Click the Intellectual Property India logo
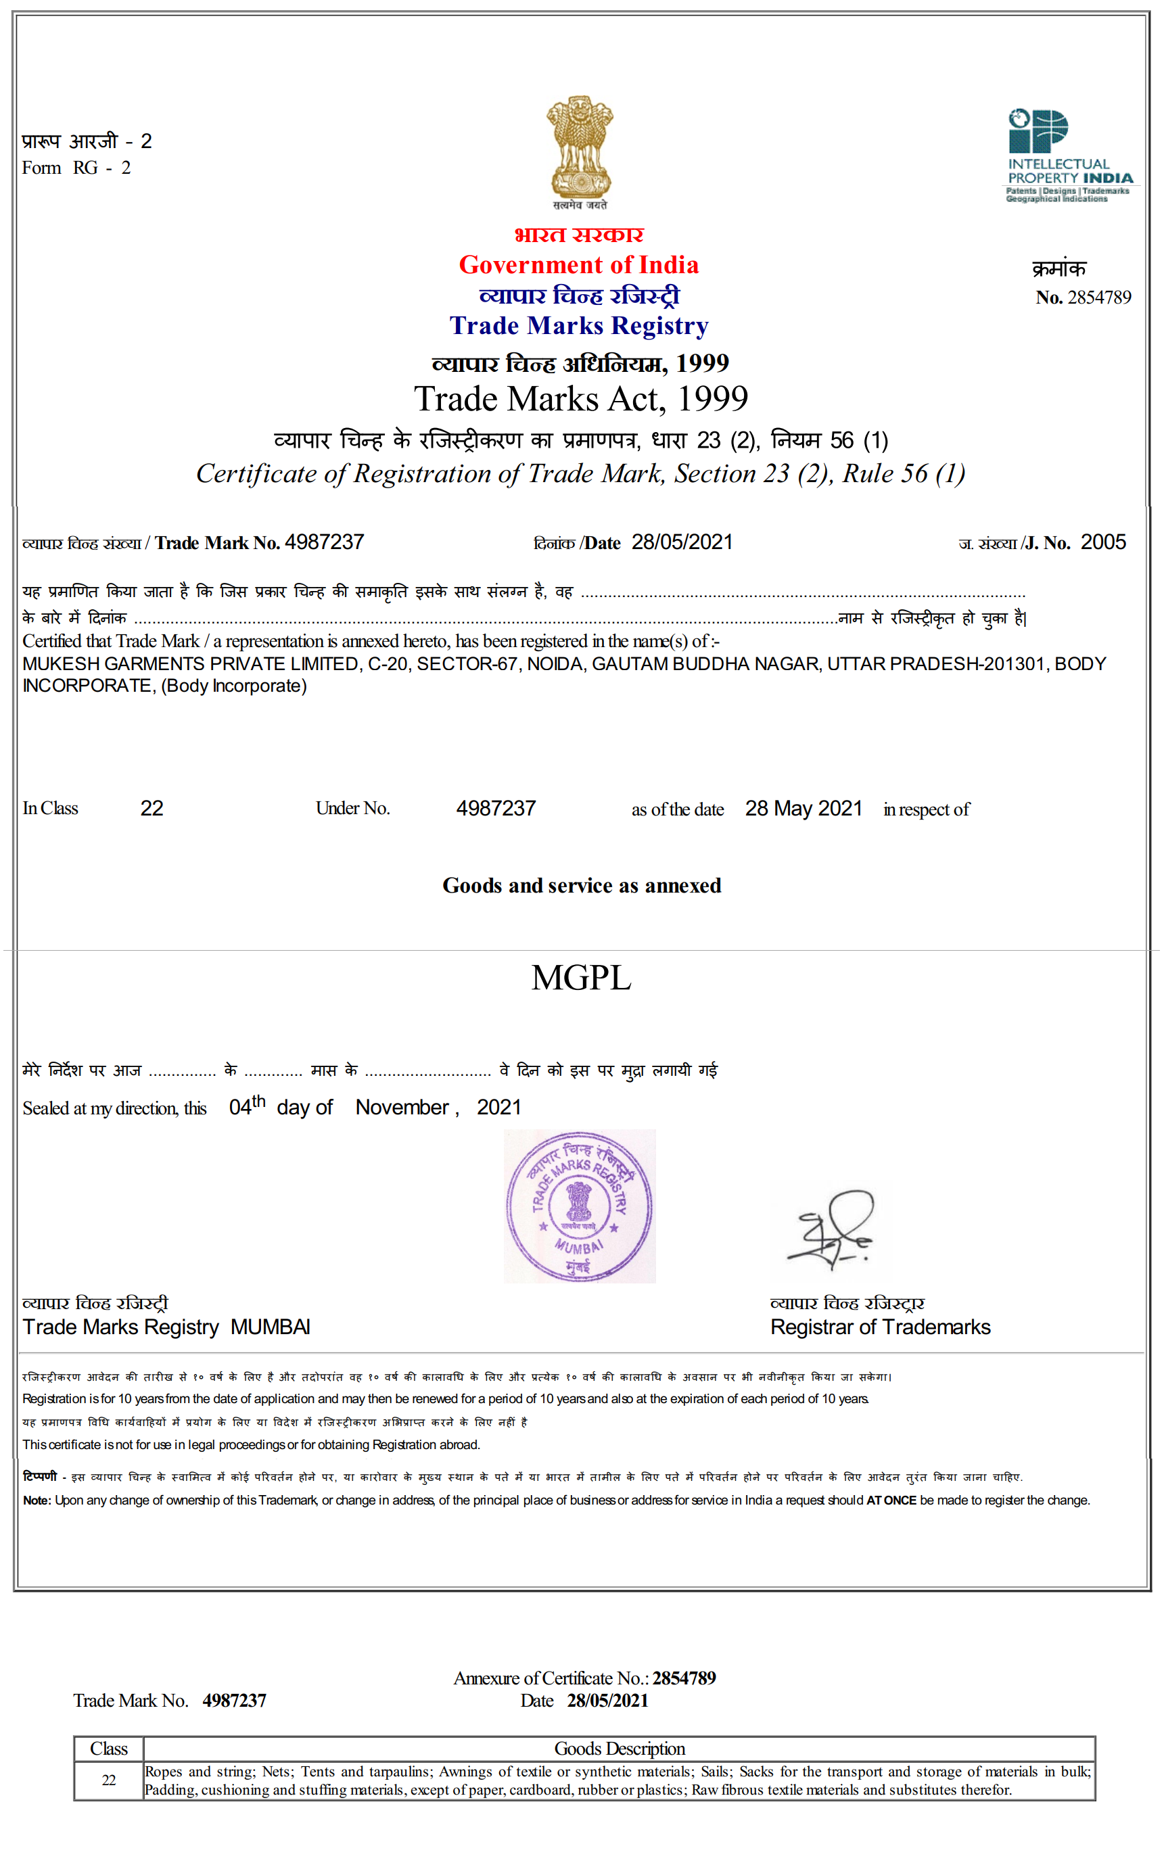tap(1068, 155)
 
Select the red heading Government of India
tap(579, 265)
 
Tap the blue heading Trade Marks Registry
tap(579, 325)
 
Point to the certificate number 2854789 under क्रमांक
tap(1098, 297)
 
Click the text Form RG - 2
tap(76, 168)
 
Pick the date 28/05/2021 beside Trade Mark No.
tap(681, 542)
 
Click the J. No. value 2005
tap(1102, 542)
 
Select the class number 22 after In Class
tap(152, 808)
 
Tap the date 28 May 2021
tap(803, 808)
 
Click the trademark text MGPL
tap(581, 977)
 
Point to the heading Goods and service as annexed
tap(581, 886)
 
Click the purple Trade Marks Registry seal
tap(580, 1206)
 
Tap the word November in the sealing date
tap(402, 1108)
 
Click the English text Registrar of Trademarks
tap(880, 1327)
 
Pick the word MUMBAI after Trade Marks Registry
tap(271, 1327)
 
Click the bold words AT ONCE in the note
tap(891, 1500)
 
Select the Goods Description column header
tap(619, 1749)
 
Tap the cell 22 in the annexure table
tap(108, 1780)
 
